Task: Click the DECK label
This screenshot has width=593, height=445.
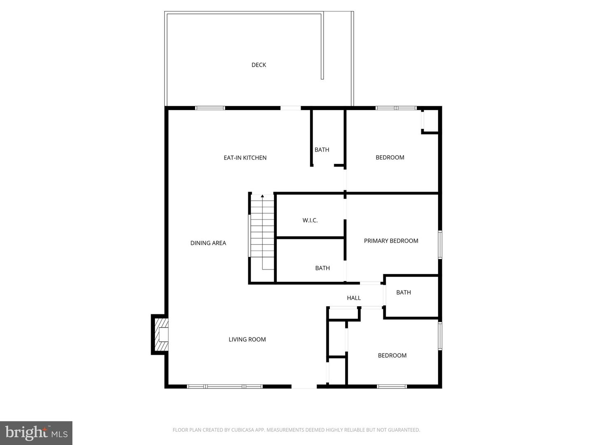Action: [259, 65]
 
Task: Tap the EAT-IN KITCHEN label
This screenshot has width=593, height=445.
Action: [245, 157]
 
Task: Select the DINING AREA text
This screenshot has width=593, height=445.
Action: [208, 243]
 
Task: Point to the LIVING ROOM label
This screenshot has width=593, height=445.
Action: [247, 340]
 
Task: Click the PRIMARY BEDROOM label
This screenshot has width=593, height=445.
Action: [391, 241]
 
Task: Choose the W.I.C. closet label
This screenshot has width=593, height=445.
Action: [310, 220]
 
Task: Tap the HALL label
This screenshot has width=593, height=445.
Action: [354, 298]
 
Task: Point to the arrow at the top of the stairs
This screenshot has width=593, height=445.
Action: [262, 196]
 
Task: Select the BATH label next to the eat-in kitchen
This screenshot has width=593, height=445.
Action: [322, 150]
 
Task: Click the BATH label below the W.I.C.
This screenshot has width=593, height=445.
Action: [322, 268]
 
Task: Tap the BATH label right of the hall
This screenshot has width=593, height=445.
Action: [404, 293]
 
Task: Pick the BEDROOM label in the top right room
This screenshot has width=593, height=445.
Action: [390, 157]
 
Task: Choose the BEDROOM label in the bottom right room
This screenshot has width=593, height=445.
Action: [392, 356]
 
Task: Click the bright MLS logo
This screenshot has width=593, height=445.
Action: [36, 433]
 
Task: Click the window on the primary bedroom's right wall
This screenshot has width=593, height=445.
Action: [440, 245]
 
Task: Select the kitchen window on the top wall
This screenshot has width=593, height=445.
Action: [210, 108]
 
